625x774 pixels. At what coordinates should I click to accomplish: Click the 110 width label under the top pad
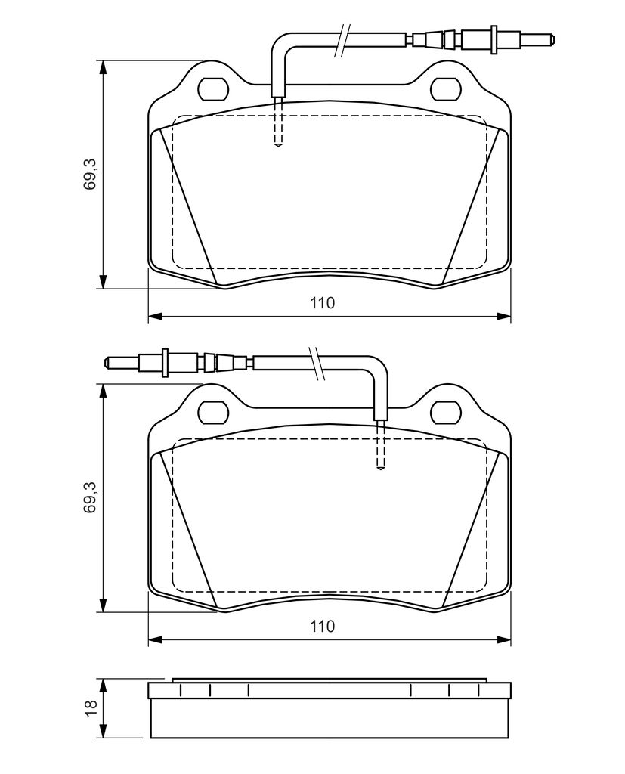(323, 302)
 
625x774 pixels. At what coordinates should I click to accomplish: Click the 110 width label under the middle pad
(323, 627)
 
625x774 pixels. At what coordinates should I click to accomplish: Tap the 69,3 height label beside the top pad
(91, 175)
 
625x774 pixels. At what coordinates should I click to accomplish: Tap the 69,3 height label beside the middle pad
(91, 498)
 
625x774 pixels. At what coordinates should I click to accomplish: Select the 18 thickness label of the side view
(91, 707)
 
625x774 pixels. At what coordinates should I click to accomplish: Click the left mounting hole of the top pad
(213, 88)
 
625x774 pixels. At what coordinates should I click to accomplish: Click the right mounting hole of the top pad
(447, 88)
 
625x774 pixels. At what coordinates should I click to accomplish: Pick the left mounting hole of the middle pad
(213, 412)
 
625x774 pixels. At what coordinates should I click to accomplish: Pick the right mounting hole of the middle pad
(447, 412)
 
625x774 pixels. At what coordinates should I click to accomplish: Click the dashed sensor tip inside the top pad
(278, 145)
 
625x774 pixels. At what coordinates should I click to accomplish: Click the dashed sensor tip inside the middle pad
(380, 467)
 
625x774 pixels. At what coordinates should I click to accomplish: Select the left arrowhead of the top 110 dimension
(156, 316)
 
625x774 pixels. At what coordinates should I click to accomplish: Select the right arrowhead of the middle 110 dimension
(503, 639)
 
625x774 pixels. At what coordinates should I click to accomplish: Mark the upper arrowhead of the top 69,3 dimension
(103, 67)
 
